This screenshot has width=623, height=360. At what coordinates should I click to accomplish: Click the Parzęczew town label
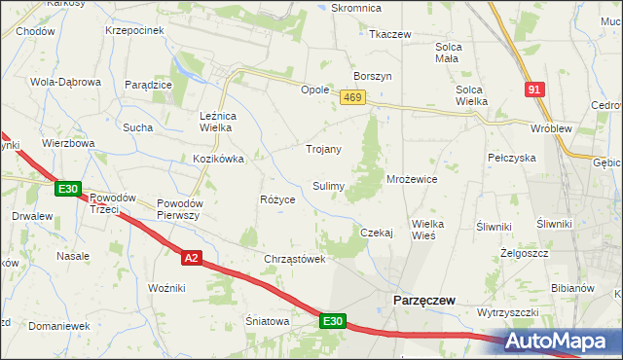(x=423, y=301)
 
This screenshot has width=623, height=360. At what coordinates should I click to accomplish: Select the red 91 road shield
(x=534, y=89)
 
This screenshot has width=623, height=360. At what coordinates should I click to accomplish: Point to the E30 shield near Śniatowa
(x=333, y=320)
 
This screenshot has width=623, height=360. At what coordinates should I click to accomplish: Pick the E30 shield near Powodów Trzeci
(x=67, y=189)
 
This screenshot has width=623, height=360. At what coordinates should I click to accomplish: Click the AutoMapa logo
(x=563, y=342)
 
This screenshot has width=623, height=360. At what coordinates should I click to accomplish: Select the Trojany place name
(x=323, y=149)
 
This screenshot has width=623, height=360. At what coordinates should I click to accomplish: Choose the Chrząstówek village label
(x=293, y=259)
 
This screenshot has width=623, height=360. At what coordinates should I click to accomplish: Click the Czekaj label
(x=376, y=233)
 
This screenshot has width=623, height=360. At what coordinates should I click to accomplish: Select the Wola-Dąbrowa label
(x=66, y=82)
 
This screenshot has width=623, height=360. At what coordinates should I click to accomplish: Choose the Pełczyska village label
(x=512, y=157)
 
